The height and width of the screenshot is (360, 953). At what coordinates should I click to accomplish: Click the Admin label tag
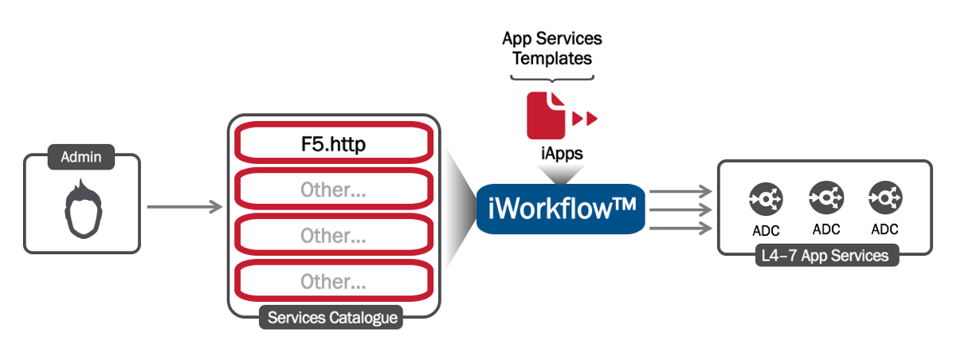click(81, 157)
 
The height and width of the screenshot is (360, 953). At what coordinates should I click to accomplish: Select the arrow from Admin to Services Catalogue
click(184, 208)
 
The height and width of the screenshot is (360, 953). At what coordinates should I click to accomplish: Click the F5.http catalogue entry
click(333, 145)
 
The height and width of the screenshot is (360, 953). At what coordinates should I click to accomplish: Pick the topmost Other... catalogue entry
click(333, 190)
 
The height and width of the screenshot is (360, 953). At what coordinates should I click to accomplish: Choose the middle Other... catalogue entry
click(333, 236)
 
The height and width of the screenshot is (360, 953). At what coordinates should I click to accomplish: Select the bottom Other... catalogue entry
click(333, 281)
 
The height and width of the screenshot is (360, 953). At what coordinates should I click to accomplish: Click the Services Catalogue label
click(332, 318)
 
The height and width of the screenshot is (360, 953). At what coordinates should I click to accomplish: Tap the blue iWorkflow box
click(561, 208)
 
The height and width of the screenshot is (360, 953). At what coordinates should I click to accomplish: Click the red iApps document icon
click(546, 115)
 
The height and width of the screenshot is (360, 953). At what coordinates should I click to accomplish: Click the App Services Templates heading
click(552, 48)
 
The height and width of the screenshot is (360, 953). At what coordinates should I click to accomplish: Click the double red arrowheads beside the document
click(585, 118)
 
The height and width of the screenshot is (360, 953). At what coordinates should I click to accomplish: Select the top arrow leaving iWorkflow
click(680, 190)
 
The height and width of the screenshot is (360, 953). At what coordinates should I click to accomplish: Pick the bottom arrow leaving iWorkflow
click(680, 229)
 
